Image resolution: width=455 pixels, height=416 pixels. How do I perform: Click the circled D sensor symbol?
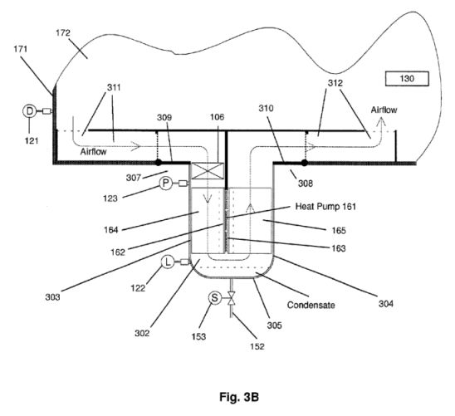[29, 111]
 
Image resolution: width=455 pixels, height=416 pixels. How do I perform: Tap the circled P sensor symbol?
[166, 184]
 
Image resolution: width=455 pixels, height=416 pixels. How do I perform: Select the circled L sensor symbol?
[168, 262]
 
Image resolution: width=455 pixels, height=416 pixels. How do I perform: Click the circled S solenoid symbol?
[215, 298]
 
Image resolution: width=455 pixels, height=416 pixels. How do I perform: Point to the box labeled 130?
[407, 79]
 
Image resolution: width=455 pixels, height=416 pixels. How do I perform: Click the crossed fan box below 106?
[208, 171]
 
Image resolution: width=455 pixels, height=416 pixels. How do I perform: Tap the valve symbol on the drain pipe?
[232, 298]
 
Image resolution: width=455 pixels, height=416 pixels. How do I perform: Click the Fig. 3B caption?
[239, 397]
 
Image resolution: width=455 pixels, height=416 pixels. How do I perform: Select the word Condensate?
[311, 305]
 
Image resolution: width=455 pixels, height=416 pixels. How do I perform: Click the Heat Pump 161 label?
[325, 207]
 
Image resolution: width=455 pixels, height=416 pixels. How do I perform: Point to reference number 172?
[63, 33]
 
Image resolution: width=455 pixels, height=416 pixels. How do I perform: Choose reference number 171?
[20, 49]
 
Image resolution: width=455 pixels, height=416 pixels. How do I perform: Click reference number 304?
[385, 304]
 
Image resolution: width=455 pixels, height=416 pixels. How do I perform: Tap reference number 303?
[52, 297]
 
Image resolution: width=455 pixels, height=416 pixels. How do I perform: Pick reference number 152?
[257, 346]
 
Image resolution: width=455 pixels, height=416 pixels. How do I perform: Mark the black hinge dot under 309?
[159, 163]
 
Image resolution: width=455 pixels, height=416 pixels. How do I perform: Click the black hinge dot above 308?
[305, 163]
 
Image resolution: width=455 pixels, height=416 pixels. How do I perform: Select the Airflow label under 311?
[94, 152]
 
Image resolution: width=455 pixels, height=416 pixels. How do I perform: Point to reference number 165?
[339, 231]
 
